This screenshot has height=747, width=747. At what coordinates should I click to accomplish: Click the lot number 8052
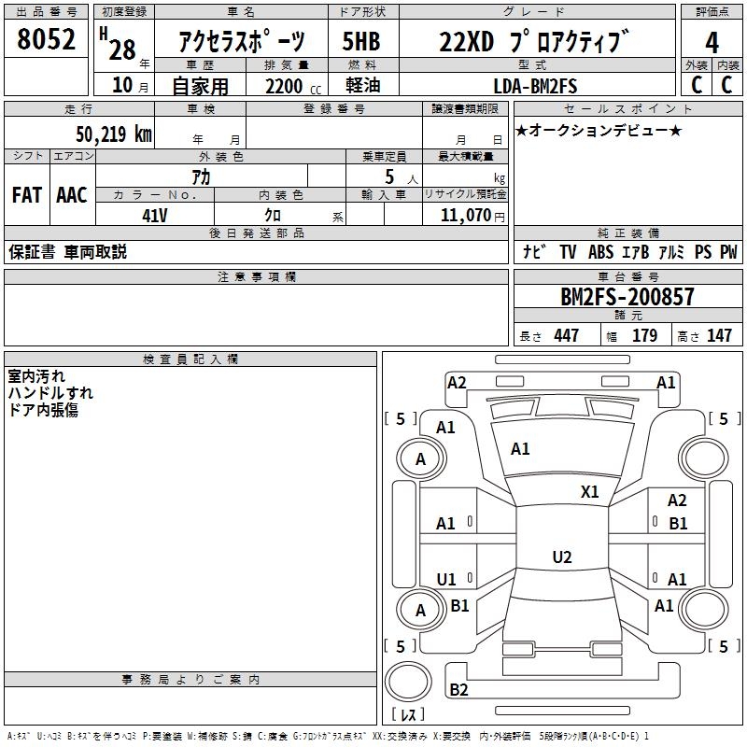click(x=46, y=39)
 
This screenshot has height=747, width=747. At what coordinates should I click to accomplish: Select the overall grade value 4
click(x=712, y=43)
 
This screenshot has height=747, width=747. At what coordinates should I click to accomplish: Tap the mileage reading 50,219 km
click(x=114, y=134)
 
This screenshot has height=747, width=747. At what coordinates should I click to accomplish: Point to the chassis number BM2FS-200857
click(x=627, y=297)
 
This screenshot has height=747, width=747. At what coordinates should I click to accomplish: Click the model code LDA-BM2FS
click(x=535, y=86)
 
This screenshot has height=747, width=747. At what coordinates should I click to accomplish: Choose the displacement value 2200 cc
click(x=293, y=86)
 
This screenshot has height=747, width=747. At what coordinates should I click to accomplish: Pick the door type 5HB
click(x=361, y=41)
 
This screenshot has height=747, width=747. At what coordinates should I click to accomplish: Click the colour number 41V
click(x=155, y=216)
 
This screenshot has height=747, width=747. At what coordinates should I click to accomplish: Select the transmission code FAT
click(x=27, y=195)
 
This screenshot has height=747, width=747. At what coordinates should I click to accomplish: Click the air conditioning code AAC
click(x=72, y=195)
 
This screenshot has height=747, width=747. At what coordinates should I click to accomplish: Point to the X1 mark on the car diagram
click(x=590, y=491)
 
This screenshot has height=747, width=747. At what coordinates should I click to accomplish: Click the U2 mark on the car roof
click(x=562, y=557)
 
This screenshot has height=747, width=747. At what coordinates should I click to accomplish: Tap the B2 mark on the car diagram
click(x=458, y=689)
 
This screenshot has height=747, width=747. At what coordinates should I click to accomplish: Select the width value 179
click(x=644, y=335)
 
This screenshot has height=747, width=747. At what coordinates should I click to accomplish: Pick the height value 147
click(x=719, y=335)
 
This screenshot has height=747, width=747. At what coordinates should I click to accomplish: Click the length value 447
click(x=566, y=335)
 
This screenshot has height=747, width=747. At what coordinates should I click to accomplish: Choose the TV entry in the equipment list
click(x=568, y=251)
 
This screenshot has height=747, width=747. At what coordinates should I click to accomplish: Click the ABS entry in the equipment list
click(x=600, y=251)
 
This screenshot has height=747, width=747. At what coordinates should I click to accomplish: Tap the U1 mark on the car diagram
click(x=446, y=579)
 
